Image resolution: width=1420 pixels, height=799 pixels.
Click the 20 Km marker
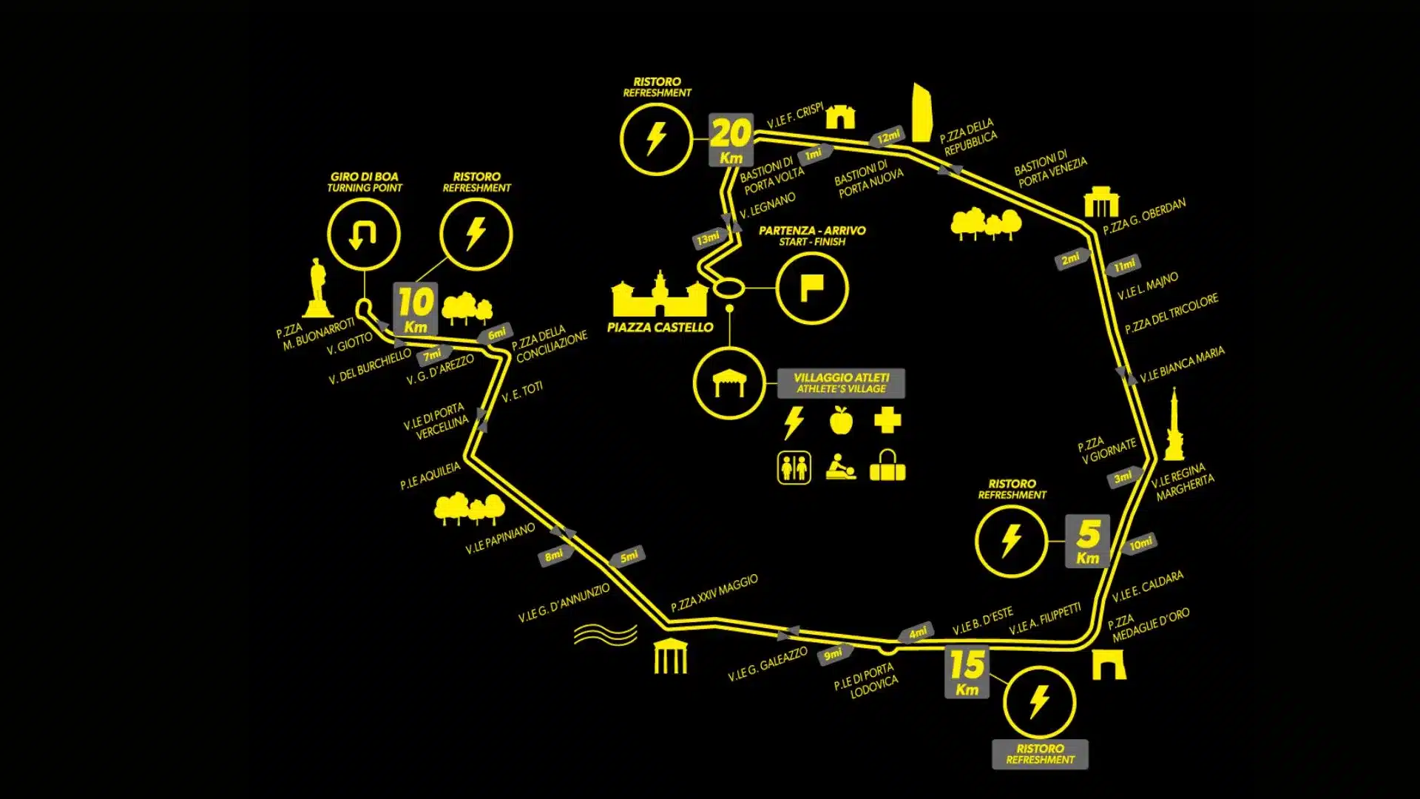point(731,139)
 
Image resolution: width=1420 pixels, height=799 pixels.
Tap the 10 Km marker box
point(415,309)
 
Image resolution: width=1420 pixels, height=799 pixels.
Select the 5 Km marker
point(1087,541)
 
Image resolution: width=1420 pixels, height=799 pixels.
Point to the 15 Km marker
point(967,672)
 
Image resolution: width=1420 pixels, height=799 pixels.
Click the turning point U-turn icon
point(363,235)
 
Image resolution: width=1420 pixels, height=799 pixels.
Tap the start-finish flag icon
point(812,288)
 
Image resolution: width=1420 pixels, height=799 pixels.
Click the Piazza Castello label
point(660,327)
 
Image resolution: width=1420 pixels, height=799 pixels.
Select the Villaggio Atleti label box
point(841,383)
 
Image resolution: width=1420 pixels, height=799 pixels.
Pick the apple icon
point(841,420)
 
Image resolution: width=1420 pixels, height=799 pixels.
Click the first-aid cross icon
point(887,420)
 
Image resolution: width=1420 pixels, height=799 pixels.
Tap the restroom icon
point(794,468)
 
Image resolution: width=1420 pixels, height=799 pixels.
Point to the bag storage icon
point(887,465)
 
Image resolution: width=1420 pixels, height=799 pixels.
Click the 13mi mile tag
point(709,238)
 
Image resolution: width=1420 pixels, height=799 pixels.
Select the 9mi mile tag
point(834,654)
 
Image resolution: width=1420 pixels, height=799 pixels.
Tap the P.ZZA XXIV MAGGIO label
point(714,593)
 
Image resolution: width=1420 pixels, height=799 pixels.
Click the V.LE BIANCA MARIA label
point(1182,365)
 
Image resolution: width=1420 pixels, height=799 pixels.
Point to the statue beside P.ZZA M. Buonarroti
point(317,288)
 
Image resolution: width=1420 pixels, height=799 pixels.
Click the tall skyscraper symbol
point(922,112)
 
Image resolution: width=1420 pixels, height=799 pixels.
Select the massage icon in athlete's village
point(841,467)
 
